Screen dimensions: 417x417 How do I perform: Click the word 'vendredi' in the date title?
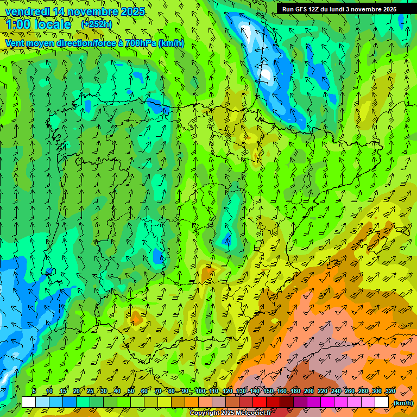[25, 11]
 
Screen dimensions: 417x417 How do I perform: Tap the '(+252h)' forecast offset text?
[97, 24]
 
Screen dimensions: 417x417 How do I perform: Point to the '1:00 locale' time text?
[39, 24]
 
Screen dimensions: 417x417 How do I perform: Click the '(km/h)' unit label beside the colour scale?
[402, 403]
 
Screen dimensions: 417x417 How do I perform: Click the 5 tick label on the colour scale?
[34, 391]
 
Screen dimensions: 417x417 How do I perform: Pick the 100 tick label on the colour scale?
[200, 391]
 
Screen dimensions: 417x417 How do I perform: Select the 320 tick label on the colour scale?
[390, 391]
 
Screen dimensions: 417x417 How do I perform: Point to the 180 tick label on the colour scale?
[295, 391]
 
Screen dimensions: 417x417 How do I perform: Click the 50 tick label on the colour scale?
[131, 391]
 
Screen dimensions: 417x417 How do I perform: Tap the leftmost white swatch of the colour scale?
[29, 402]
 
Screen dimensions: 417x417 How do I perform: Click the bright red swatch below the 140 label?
[260, 402]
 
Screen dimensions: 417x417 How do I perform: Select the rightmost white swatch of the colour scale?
[382, 402]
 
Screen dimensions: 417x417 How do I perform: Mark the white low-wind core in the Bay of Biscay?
[266, 73]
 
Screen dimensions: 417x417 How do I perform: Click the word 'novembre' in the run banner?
[363, 9]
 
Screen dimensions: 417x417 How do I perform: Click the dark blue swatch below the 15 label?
[69, 402]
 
